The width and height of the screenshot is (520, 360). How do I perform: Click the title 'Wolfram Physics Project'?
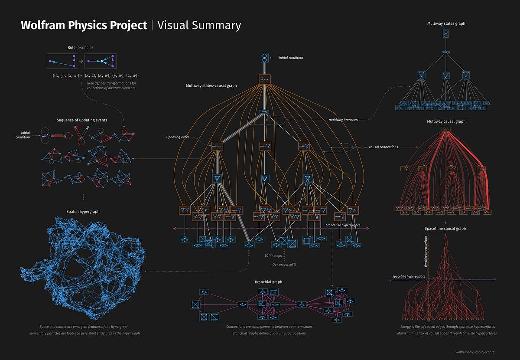pyautogui.click(x=84, y=25)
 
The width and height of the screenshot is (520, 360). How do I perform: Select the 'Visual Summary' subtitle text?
pyautogui.click(x=199, y=25)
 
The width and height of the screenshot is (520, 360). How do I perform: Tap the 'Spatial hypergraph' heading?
pyautogui.click(x=83, y=211)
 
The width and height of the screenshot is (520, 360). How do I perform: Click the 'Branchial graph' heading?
pyautogui.click(x=268, y=282)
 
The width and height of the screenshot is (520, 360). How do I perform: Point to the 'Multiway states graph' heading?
pyautogui.click(x=446, y=23)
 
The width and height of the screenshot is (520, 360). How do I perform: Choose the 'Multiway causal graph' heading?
pyautogui.click(x=446, y=121)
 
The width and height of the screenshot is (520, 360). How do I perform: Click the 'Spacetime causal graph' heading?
pyautogui.click(x=446, y=228)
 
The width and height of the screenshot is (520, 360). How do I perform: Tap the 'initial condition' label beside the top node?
pyautogui.click(x=291, y=58)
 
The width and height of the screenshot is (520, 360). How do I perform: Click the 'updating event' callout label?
pyautogui.click(x=178, y=137)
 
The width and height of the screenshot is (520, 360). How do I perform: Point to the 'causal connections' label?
pyautogui.click(x=383, y=147)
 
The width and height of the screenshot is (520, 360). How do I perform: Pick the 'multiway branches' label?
pyautogui.click(x=343, y=120)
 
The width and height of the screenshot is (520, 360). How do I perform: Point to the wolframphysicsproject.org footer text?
pyautogui.click(x=475, y=352)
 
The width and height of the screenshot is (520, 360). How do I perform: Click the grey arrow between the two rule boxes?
pyautogui.click(x=81, y=61)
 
